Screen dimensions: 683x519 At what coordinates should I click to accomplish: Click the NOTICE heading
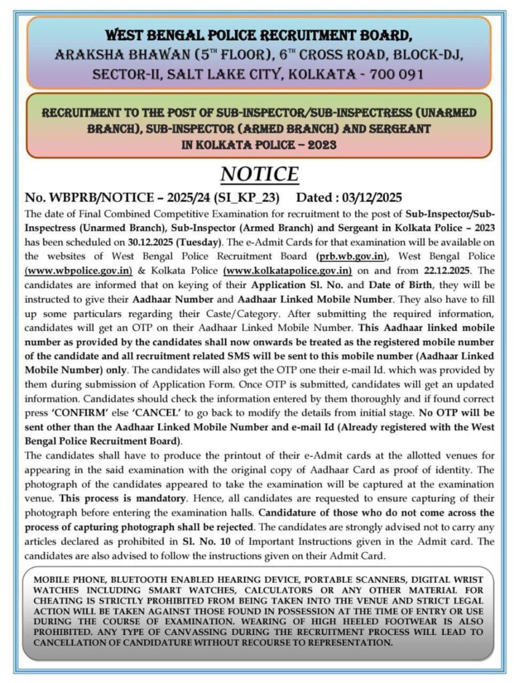pyautogui.click(x=259, y=174)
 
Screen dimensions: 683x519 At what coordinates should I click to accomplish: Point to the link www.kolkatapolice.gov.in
pyautogui.click(x=288, y=271)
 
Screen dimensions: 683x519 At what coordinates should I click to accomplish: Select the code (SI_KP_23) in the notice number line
pyautogui.click(x=250, y=198)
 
